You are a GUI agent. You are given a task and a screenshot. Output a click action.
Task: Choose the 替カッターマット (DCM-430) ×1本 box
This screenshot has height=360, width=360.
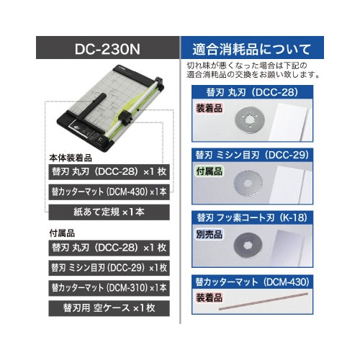point(108,192)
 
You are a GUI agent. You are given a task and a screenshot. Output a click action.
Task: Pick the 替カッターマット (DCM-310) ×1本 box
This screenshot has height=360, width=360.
point(108,287)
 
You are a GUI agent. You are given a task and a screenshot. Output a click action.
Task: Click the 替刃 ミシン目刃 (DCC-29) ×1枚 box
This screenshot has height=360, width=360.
point(108,267)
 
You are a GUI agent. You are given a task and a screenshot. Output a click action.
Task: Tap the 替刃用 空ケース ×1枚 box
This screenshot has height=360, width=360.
point(108,307)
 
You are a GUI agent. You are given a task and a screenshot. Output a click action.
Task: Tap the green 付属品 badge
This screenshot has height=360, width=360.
point(210,171)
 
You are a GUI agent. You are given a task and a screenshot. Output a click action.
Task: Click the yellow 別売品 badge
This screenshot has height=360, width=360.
point(210,233)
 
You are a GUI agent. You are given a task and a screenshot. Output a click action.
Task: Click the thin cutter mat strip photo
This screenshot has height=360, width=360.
point(270,306)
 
